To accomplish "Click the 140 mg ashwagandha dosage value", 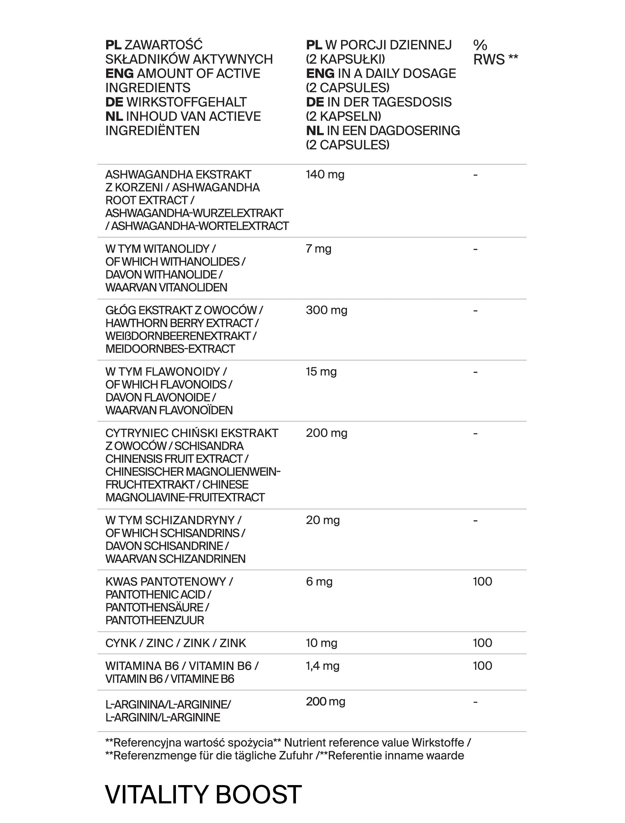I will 325,174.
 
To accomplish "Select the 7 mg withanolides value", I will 318,249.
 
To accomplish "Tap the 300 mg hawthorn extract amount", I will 326,310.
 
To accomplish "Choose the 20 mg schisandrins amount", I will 322,520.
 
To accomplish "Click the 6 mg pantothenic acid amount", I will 319,582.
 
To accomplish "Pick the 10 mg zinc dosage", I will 322,643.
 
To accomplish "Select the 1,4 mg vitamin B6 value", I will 322,666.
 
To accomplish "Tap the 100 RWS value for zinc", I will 482,643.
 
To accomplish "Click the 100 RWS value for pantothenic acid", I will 482,582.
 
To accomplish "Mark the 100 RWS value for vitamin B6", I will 482,666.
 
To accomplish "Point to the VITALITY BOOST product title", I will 203,795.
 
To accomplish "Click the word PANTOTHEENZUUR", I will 155,620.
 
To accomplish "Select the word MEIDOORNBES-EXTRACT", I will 170,349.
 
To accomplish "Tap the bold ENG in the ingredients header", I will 119,73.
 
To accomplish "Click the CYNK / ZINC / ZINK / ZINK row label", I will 176,643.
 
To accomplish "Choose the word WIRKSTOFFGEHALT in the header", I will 186,102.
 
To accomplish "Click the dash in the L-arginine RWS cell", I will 475,702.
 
